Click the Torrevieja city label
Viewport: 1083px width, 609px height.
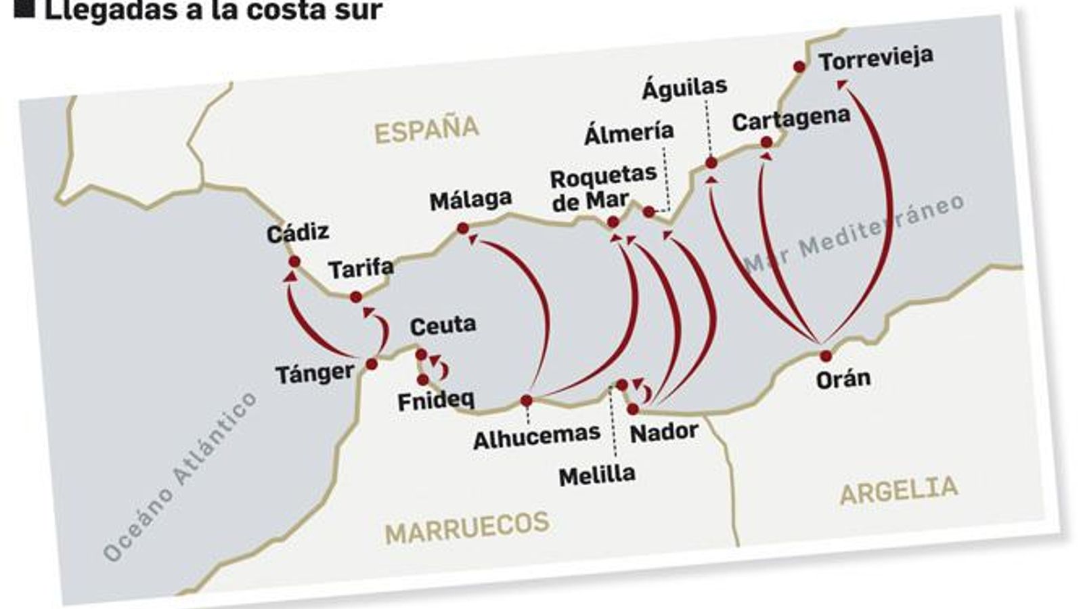point(875,59)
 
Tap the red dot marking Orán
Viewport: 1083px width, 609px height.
point(825,356)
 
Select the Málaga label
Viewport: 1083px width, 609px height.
point(470,200)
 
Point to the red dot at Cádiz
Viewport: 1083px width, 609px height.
point(294,262)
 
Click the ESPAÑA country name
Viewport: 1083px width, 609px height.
point(426,130)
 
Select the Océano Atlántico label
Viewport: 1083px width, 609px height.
point(180,476)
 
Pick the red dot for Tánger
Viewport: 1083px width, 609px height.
point(372,364)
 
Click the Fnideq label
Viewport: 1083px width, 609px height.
point(435,401)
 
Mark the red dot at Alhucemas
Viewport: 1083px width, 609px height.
point(526,401)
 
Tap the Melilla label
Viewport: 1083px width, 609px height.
point(597,475)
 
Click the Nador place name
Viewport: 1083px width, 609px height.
point(663,432)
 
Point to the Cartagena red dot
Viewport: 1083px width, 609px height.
point(766,142)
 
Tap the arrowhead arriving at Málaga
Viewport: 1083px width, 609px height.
point(473,239)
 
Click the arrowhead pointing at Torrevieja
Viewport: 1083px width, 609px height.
point(842,84)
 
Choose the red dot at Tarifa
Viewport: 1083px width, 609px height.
point(356,297)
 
